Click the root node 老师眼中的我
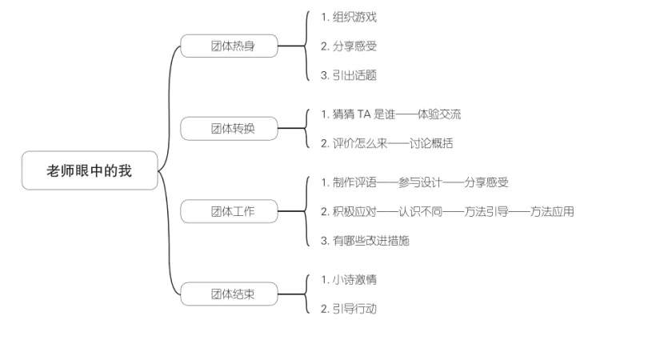90,170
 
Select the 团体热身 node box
230,46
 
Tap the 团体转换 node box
230,128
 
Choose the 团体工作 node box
230,211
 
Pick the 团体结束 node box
230,294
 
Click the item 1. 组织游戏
349,17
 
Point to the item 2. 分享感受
349,46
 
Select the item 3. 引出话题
349,75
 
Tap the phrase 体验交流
439,114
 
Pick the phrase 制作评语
354,182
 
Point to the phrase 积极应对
354,211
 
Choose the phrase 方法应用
552,211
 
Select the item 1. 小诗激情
349,279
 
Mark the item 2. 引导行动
349,309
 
